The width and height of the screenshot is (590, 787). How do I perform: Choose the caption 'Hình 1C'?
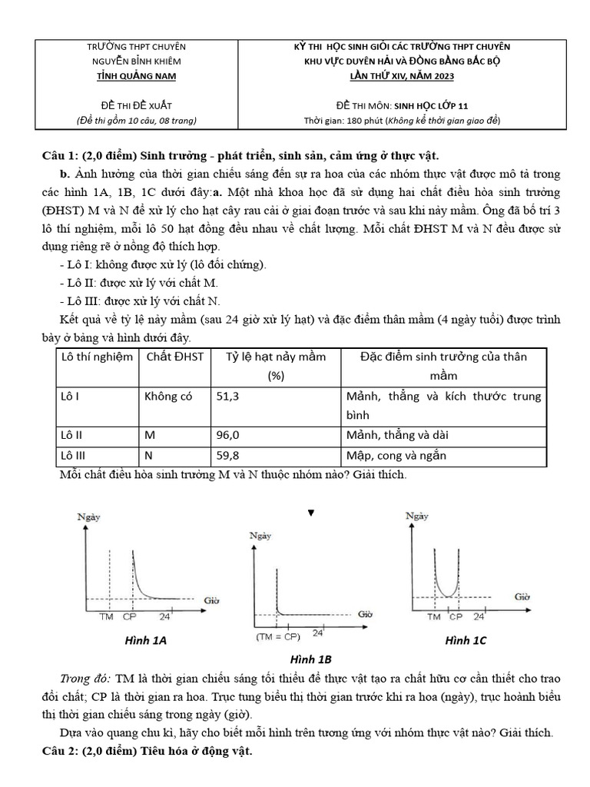[466, 640]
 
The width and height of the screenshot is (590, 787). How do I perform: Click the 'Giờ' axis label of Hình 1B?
[365, 613]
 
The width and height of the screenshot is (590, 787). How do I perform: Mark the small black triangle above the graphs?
[311, 513]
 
